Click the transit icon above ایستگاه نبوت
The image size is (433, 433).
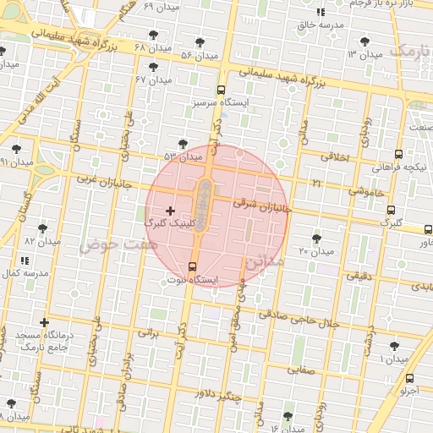click(192, 267)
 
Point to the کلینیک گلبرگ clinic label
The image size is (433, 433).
click(170, 223)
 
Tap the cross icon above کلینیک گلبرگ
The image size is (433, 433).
click(170, 210)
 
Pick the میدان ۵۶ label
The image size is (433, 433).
click(200, 55)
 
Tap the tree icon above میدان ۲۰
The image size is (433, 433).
click(316, 238)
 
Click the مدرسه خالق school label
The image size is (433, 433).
click(320, 25)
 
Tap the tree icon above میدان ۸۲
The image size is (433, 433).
click(42, 228)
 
